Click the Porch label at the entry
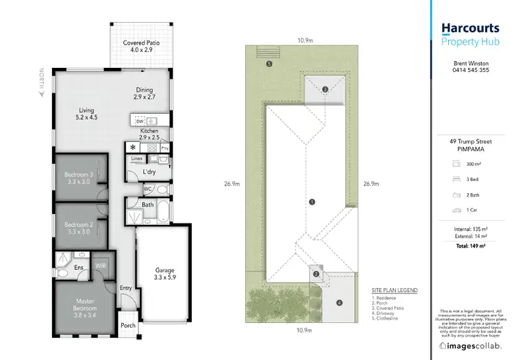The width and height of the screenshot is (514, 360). (x=127, y=325)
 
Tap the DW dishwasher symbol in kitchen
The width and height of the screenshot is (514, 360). (x=140, y=121)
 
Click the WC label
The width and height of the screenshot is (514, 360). (x=147, y=189)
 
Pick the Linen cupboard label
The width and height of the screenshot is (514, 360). (x=136, y=158)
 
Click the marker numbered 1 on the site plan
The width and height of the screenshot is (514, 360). (x=312, y=202)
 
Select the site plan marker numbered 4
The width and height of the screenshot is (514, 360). (x=339, y=302)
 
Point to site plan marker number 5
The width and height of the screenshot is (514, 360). (x=269, y=64)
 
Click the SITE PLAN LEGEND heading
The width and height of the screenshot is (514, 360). (x=394, y=290)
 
